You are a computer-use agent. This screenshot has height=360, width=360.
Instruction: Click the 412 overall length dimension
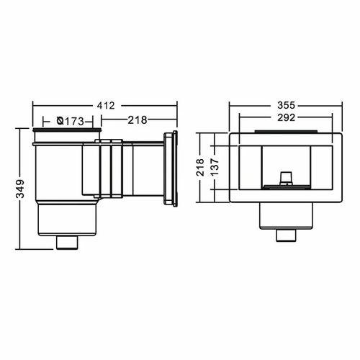tap(106, 106)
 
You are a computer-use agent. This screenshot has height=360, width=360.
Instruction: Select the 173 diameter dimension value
tap(74, 122)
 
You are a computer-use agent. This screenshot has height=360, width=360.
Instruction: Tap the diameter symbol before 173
tap(60, 121)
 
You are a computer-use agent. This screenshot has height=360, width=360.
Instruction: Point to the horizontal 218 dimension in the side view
tap(137, 120)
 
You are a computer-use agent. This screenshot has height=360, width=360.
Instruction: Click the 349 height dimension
tap(20, 189)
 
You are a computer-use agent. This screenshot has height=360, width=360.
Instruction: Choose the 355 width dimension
tap(286, 105)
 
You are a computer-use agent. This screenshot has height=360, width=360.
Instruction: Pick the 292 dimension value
tap(286, 117)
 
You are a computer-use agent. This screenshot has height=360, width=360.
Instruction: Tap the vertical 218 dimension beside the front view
tap(200, 167)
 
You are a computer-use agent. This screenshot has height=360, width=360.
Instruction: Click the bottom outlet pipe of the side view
tap(68, 243)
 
